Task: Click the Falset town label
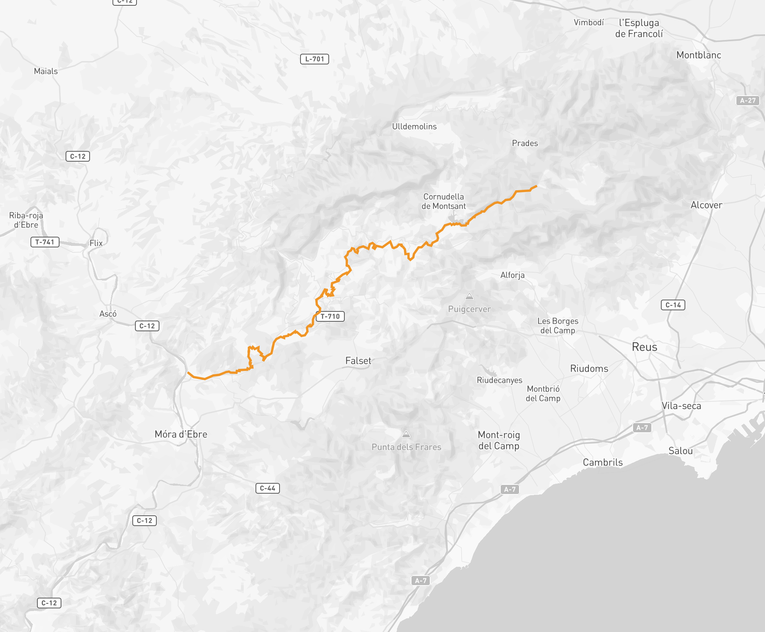[x=358, y=361]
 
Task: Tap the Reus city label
[x=644, y=347]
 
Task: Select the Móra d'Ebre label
[x=181, y=434]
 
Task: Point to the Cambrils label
[x=603, y=462]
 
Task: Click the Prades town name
[x=525, y=143]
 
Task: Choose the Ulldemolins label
[x=414, y=127]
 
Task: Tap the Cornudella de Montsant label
[x=444, y=201]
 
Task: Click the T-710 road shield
[x=330, y=316]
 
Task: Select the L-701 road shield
[x=315, y=59]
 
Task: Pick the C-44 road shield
[x=267, y=488]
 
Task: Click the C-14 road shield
[x=673, y=305]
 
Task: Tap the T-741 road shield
[x=45, y=242]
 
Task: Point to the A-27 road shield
[x=747, y=101]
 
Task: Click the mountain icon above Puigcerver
[x=469, y=296]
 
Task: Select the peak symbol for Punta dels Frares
[x=406, y=434]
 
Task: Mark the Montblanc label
[x=699, y=55]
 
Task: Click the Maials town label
[x=46, y=71]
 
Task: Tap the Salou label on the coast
[x=680, y=451]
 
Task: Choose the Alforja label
[x=512, y=275]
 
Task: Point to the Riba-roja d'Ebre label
[x=26, y=220]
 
